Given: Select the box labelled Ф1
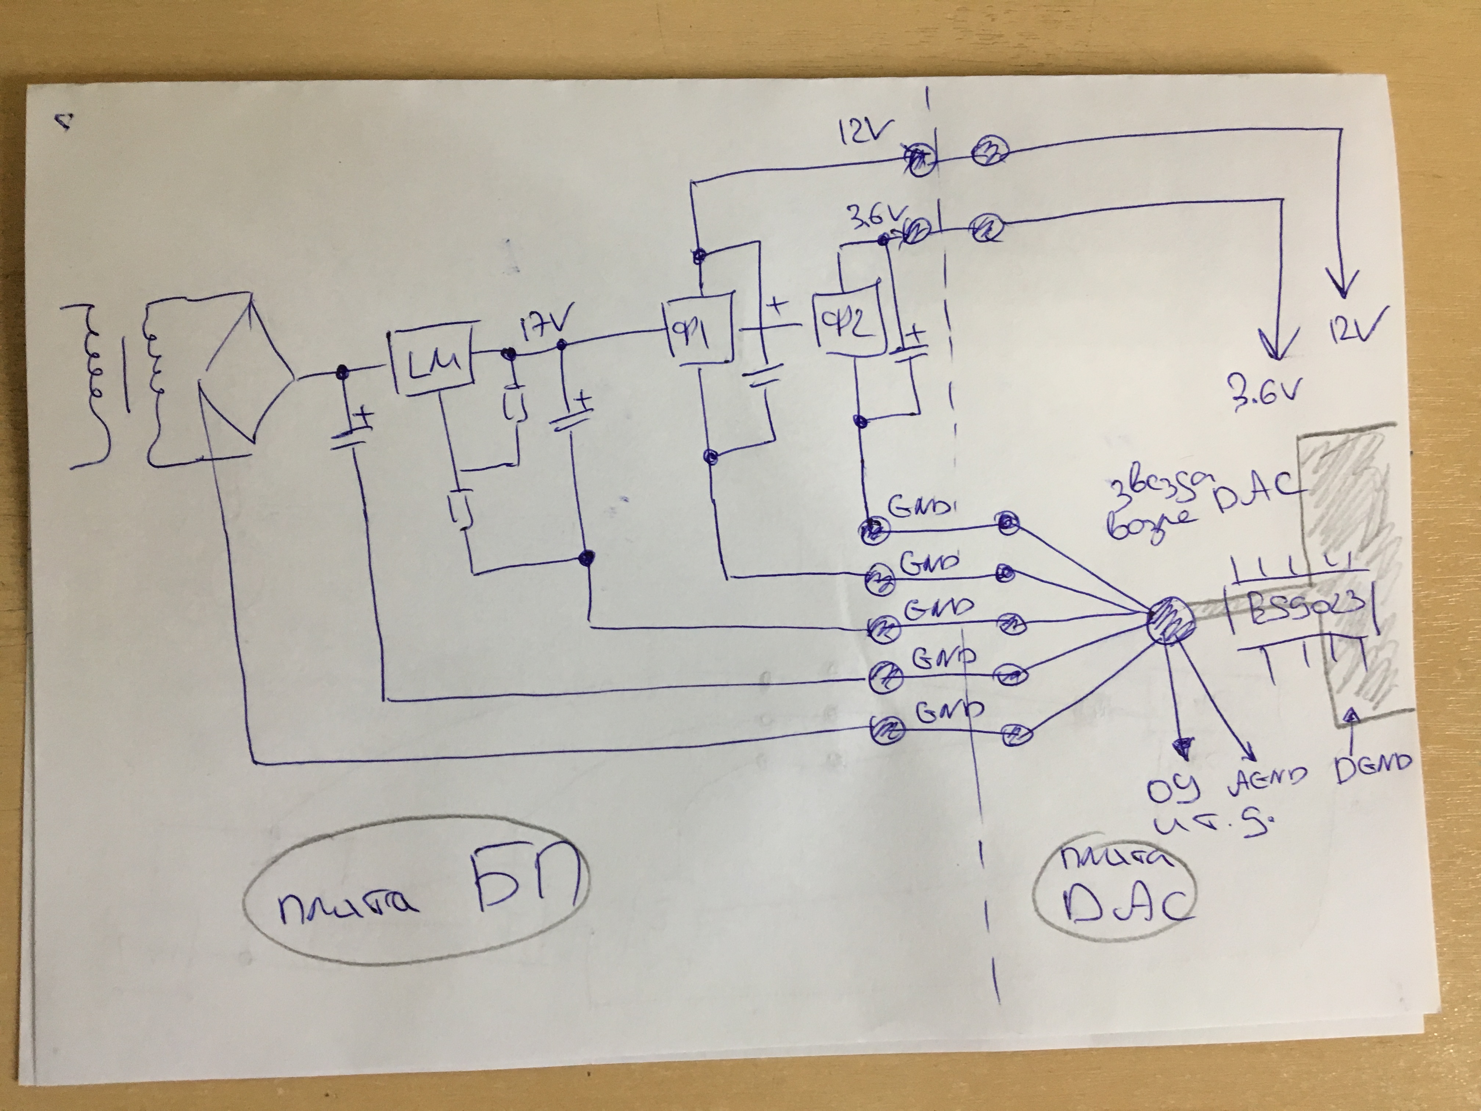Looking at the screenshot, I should [697, 328].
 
